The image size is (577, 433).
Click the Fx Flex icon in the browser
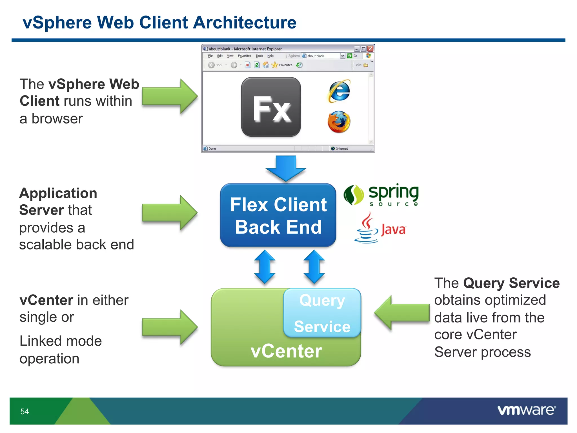pos(271,107)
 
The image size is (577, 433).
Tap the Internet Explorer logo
pos(339,91)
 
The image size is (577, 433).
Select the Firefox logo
pos(339,122)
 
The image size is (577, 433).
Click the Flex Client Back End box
pos(278,215)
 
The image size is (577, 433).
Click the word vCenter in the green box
pos(286,351)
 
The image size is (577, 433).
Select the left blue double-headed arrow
pos(265,267)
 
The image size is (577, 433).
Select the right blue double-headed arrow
pos(314,267)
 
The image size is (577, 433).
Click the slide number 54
pos(25,412)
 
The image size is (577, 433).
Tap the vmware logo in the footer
pos(526,410)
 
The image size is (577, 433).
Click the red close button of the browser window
pos(370,49)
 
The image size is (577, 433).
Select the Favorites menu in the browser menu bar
pos(244,56)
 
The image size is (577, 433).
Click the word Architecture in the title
pos(245,23)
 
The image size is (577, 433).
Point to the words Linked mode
pos(61,341)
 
